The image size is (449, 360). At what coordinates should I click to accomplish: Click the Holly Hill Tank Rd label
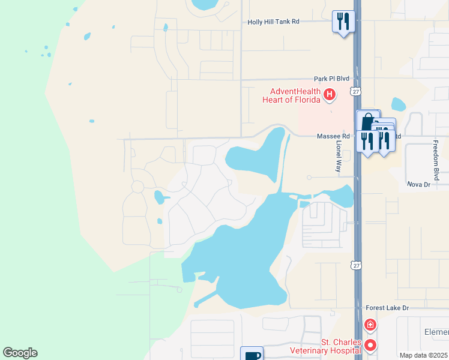(273, 22)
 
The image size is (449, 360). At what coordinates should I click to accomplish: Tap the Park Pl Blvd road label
(331, 79)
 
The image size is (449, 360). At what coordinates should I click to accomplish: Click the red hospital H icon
(329, 94)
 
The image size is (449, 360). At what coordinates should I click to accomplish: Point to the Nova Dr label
(419, 184)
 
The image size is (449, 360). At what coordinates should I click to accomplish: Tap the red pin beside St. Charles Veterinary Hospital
(370, 345)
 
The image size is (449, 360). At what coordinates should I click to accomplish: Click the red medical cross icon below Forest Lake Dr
(370, 325)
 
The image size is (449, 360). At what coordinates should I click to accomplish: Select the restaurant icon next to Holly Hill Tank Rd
(343, 22)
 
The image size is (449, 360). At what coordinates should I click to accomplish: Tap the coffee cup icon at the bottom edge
(252, 354)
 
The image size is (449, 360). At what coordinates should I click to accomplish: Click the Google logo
(20, 353)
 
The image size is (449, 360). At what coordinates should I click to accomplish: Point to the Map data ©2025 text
(423, 355)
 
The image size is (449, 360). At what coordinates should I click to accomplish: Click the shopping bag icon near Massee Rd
(367, 121)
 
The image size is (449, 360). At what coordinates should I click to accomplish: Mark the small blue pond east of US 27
(398, 104)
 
